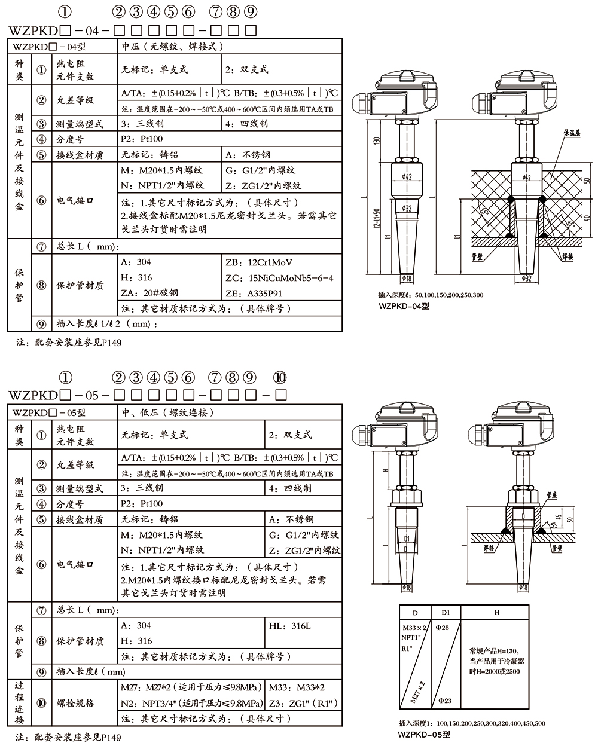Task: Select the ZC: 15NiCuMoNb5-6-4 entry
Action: pyautogui.click(x=279, y=278)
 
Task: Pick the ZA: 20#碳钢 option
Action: pyautogui.click(x=149, y=293)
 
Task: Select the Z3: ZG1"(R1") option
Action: pyautogui.click(x=304, y=702)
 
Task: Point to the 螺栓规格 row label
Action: pyautogui.click(x=75, y=702)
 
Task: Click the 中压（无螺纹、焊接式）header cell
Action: pyautogui.click(x=172, y=46)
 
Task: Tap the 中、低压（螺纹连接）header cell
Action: pyautogui.click(x=167, y=412)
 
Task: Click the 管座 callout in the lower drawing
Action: pyautogui.click(x=552, y=496)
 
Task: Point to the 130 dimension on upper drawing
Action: pyautogui.click(x=376, y=140)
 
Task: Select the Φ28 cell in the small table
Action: pyautogui.click(x=444, y=627)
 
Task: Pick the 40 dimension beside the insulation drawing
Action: pyautogui.click(x=587, y=217)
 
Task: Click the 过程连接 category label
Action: pyautogui.click(x=20, y=702)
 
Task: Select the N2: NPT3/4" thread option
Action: pyautogui.click(x=191, y=702)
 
